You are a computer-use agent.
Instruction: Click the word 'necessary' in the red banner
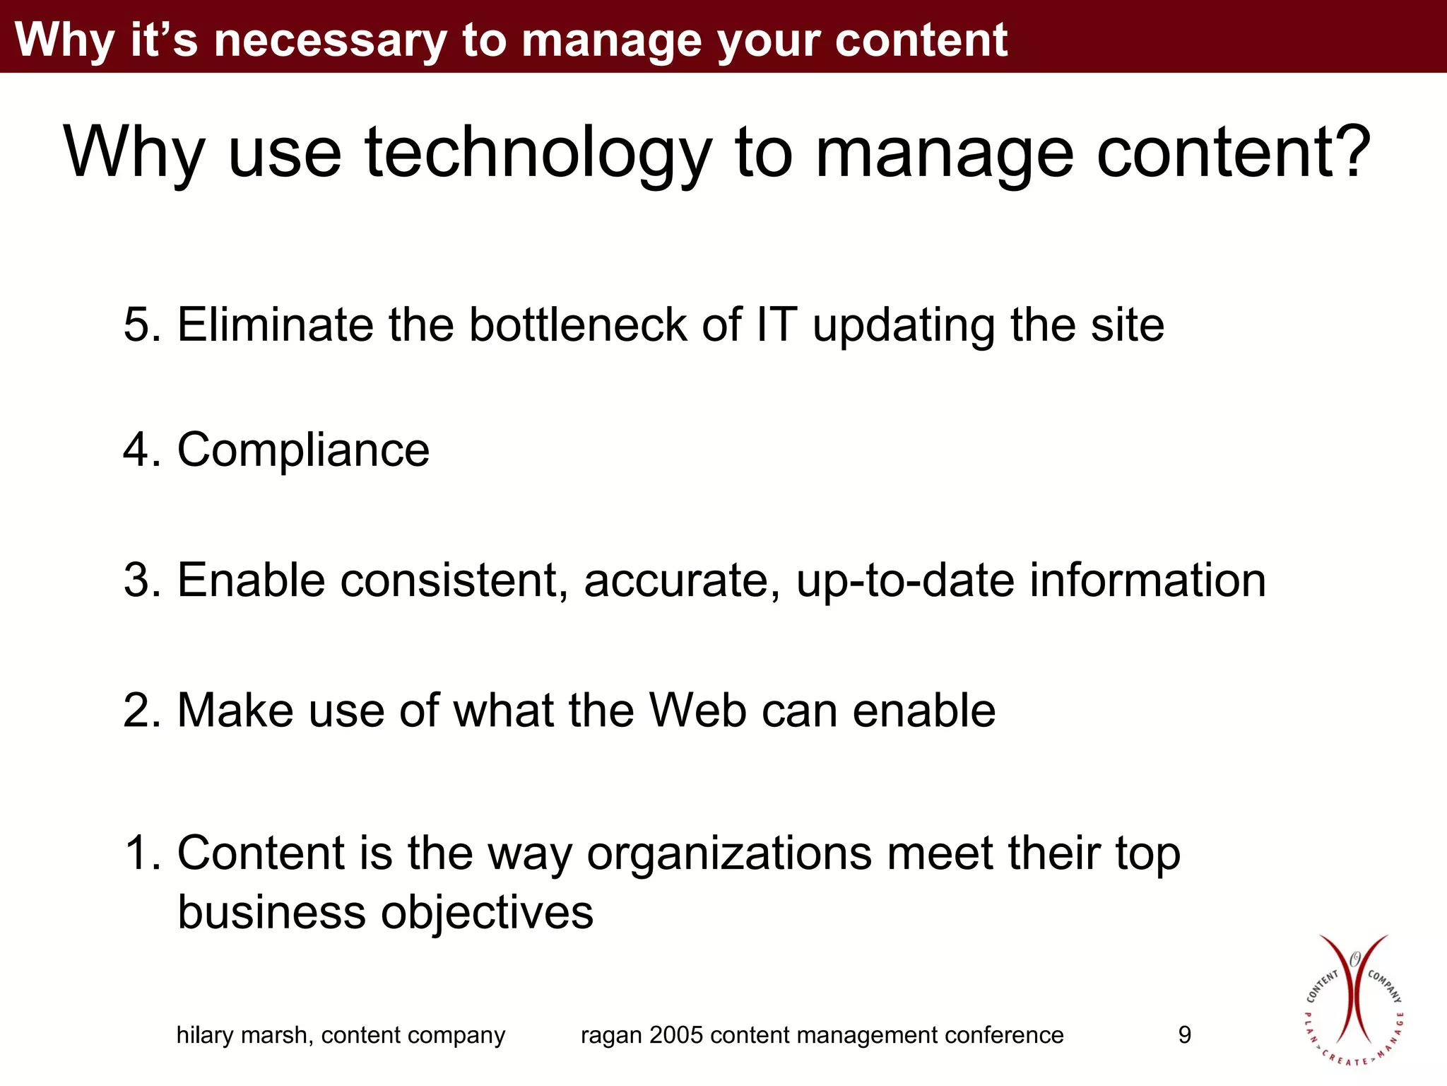[329, 40]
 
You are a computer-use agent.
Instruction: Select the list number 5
[136, 325]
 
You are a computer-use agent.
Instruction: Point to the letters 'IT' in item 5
[776, 325]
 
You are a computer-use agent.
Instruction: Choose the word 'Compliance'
[303, 450]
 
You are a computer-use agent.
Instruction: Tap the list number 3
[136, 580]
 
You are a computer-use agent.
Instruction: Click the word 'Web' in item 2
[697, 710]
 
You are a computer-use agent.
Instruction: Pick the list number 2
[136, 710]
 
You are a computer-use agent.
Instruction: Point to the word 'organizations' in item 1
[729, 853]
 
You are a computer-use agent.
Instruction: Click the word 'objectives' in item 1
[487, 912]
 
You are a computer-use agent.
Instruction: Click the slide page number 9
[1185, 1035]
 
